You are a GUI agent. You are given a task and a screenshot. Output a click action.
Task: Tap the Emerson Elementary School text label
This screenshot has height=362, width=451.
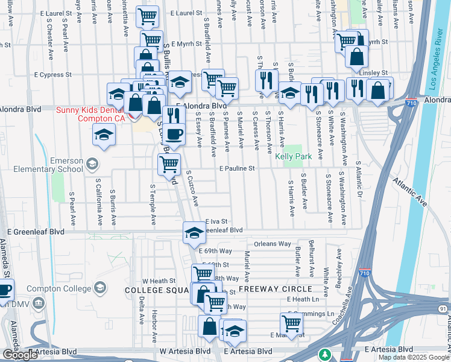57,165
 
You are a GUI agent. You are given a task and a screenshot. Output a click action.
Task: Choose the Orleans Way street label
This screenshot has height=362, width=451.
272,244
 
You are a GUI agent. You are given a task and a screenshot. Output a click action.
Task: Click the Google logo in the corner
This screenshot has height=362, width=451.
20,355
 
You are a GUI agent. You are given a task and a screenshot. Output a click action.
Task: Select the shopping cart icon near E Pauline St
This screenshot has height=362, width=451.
169,164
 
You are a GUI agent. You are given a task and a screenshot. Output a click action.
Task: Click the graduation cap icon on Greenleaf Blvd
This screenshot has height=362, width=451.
194,232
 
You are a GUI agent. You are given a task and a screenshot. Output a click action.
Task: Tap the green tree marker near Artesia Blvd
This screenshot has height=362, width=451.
325,354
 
